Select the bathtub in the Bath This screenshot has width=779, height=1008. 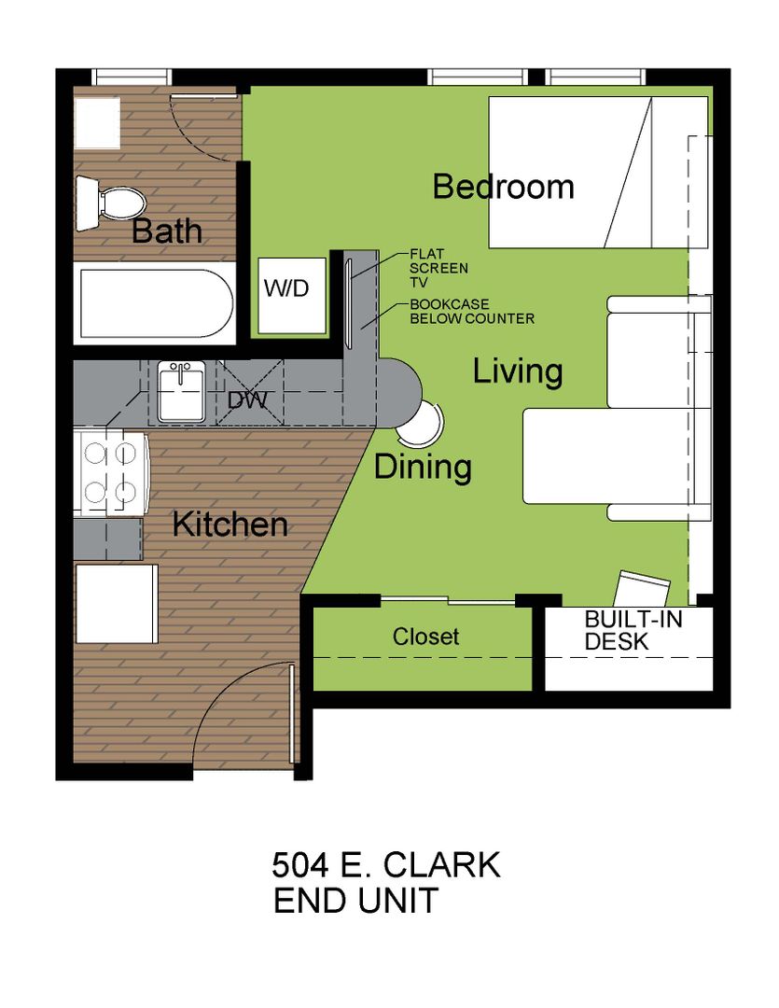click(x=156, y=303)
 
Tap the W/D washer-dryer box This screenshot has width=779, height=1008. click(x=292, y=295)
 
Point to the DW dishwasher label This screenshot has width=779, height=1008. click(x=247, y=400)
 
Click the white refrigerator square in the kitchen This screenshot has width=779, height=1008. click(x=117, y=604)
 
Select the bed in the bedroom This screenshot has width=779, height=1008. click(x=598, y=173)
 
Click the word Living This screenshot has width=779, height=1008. click(x=518, y=371)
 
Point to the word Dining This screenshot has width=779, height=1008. click(x=423, y=468)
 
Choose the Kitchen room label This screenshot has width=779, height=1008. click(x=230, y=525)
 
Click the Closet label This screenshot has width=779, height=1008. click(x=425, y=637)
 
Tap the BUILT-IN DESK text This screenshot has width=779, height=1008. click(x=633, y=630)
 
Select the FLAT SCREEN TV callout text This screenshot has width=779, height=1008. click(x=439, y=268)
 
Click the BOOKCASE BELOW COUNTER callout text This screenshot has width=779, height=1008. click(x=472, y=311)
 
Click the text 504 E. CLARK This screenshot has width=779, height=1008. click(x=385, y=864)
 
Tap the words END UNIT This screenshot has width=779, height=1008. click(x=356, y=900)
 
